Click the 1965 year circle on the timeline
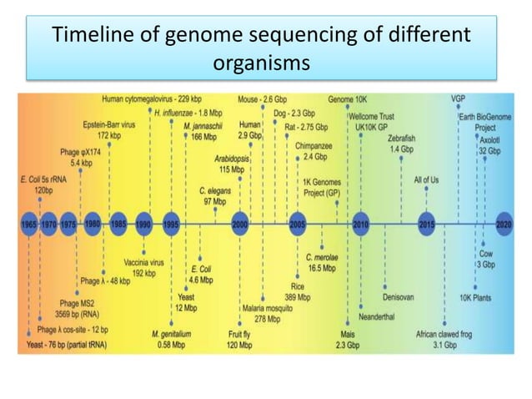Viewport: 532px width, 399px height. point(29,225)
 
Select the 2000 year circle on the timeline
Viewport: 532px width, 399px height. point(240,225)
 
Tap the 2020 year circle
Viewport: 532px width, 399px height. point(504,225)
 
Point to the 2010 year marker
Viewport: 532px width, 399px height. point(360,225)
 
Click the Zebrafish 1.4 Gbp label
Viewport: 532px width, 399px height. point(401,144)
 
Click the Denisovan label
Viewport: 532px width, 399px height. point(399,295)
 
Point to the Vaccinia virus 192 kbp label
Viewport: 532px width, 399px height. point(144,267)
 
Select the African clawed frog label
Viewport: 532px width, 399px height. point(444,338)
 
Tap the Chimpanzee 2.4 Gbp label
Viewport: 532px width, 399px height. point(314,150)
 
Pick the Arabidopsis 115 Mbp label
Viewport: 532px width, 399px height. point(227,162)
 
